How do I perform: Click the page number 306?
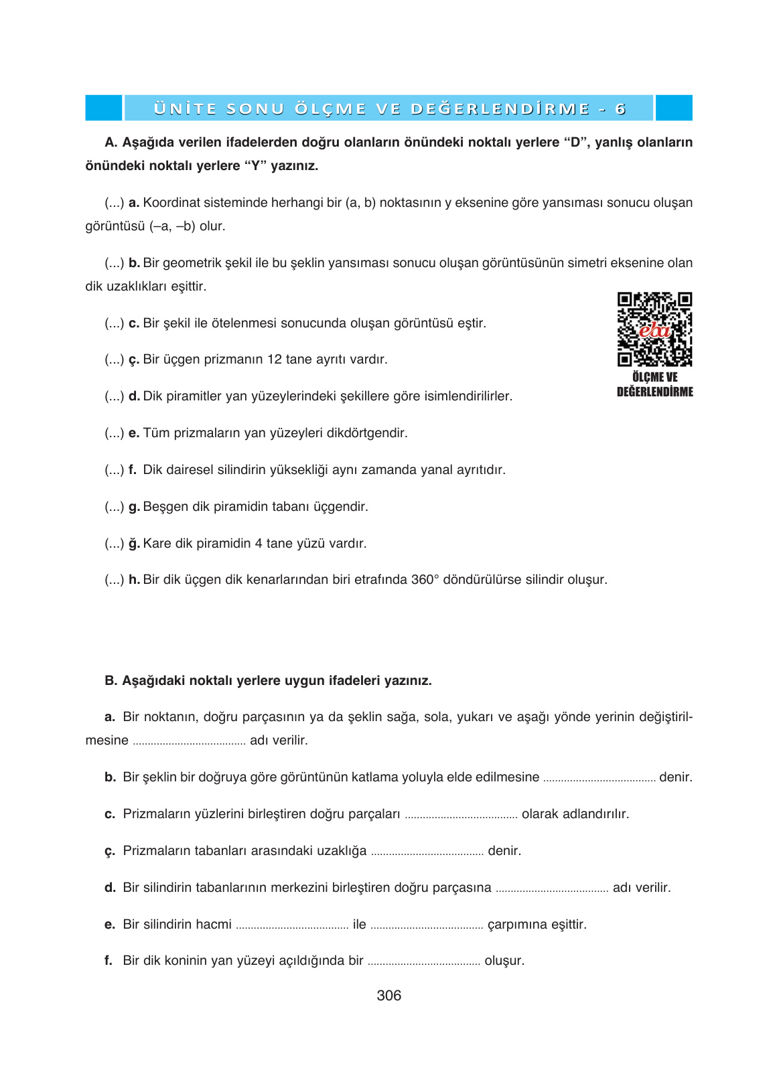(x=388, y=996)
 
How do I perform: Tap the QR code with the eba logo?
(x=654, y=329)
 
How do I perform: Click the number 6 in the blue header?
(x=620, y=108)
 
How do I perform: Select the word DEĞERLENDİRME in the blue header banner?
(x=500, y=108)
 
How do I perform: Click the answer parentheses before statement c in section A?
(x=114, y=323)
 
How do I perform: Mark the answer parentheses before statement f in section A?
(x=114, y=470)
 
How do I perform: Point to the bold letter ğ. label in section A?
(x=134, y=544)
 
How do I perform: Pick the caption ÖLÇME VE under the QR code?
(x=654, y=378)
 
